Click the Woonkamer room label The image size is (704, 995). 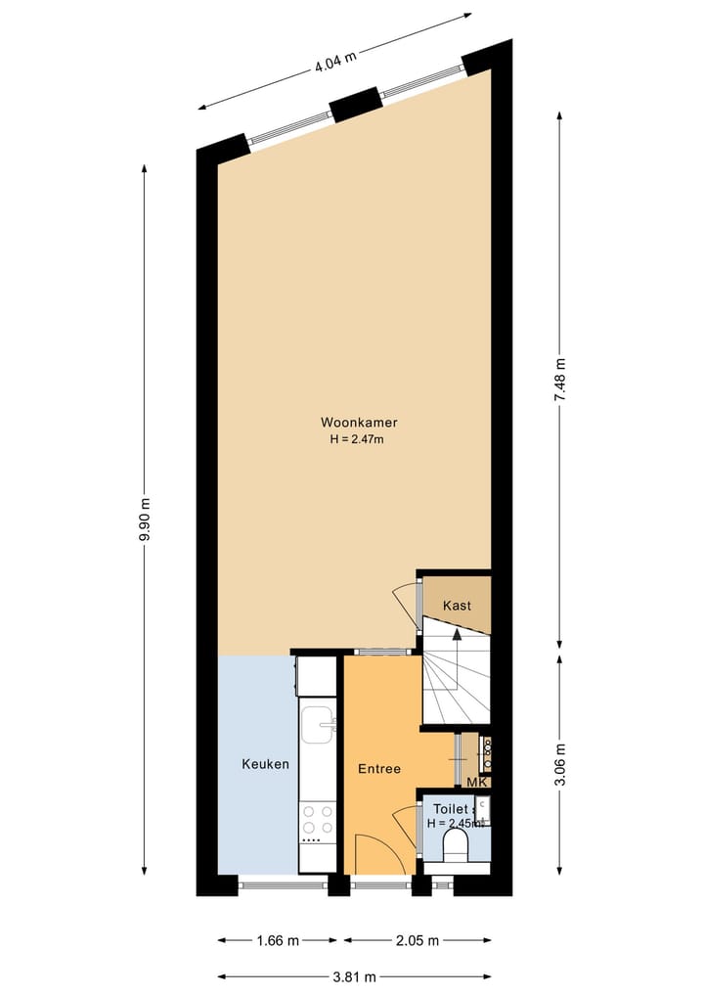click(358, 423)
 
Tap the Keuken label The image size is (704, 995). click(266, 764)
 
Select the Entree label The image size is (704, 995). click(378, 769)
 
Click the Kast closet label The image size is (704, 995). click(457, 606)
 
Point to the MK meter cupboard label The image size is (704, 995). click(477, 782)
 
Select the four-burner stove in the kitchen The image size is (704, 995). click(316, 823)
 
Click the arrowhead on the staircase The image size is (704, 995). click(457, 634)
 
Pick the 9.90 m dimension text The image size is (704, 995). click(145, 522)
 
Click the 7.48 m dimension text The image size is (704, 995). click(559, 381)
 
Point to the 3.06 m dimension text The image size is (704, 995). click(559, 766)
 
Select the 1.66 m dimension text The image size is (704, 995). click(277, 941)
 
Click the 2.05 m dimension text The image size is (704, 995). click(418, 941)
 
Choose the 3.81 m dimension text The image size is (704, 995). click(354, 976)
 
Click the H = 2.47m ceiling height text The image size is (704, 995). click(358, 439)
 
